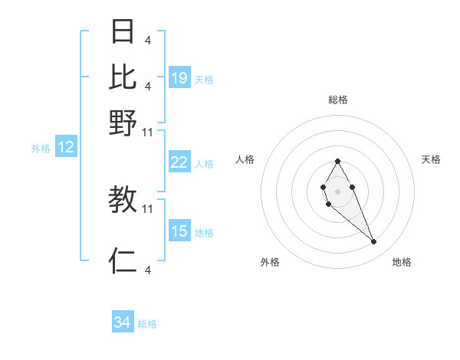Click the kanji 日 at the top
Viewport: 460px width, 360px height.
click(x=123, y=31)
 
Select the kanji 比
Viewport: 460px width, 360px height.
click(x=123, y=77)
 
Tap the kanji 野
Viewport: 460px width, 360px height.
click(x=123, y=123)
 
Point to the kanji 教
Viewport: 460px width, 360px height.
click(x=123, y=200)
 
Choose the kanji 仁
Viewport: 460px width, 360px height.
click(x=123, y=260)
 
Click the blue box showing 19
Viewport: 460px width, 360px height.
click(x=179, y=77)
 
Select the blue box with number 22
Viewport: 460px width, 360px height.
click(x=179, y=162)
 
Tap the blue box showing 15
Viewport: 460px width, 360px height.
click(x=179, y=231)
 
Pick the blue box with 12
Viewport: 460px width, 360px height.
click(x=66, y=148)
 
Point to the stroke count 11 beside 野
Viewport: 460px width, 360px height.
click(x=148, y=132)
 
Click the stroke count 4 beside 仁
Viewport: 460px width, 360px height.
click(x=147, y=270)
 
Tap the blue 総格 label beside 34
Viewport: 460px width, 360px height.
click(x=147, y=324)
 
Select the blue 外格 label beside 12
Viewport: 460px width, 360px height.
click(x=41, y=149)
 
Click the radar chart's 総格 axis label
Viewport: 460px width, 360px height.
click(x=337, y=100)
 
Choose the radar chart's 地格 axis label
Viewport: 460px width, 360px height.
click(x=402, y=262)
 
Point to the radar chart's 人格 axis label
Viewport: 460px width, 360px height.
click(x=245, y=159)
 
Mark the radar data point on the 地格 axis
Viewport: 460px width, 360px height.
click(x=373, y=241)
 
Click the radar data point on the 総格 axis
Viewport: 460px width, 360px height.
click(x=337, y=161)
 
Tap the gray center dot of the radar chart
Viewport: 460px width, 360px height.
click(x=337, y=190)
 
